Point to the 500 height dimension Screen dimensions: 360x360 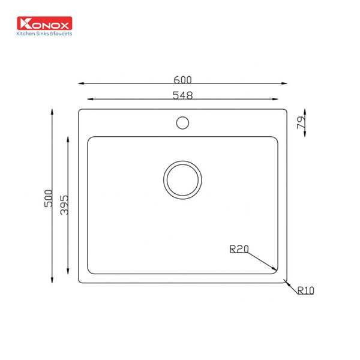[x=48, y=199]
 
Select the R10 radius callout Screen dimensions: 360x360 [x=305, y=290]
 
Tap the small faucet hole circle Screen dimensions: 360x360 [x=182, y=123]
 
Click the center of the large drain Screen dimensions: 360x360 [x=182, y=180]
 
